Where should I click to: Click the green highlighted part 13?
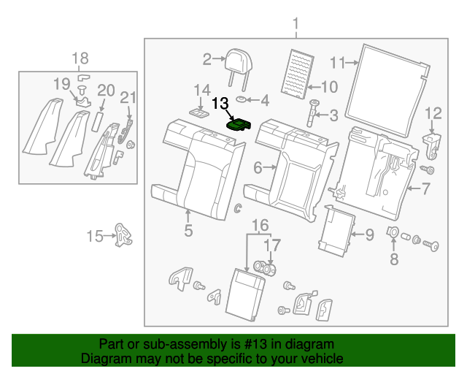[x=239, y=125]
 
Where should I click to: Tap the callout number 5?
[x=188, y=232]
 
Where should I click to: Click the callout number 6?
[x=258, y=168]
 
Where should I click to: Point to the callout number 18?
[x=80, y=58]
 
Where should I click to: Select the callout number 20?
[x=106, y=91]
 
